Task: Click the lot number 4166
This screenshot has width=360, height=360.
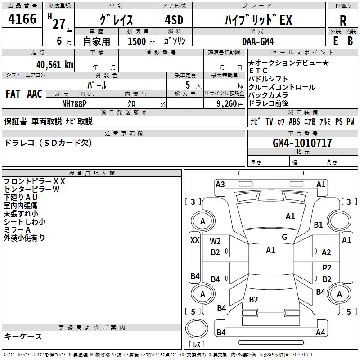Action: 22,19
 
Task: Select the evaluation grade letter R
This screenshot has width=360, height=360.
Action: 343,21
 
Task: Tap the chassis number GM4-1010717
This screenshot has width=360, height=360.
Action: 302,143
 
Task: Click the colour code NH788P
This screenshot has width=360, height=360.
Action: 74,103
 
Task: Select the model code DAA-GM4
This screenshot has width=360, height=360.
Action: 258,41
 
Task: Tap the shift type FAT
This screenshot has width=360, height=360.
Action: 13,94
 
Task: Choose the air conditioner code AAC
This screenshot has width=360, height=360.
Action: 35,94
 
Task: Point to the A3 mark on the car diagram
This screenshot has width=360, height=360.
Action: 220,184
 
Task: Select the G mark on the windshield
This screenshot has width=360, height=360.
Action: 284,237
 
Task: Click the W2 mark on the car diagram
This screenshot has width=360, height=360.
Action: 215,241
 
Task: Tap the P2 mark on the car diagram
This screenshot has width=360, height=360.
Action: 327,267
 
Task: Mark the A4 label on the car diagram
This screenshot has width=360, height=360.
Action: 320,333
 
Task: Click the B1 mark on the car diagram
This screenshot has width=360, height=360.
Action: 319,225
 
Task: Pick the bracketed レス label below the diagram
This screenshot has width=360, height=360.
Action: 197,345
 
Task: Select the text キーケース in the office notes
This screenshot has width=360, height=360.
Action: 23,336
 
